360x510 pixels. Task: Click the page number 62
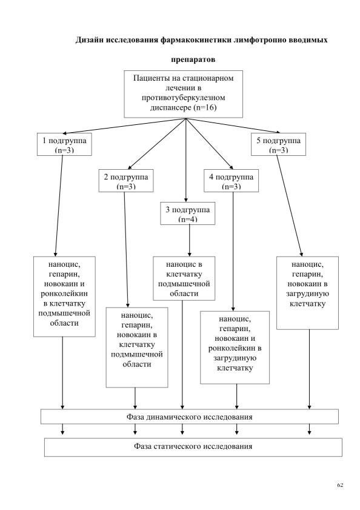(x=340, y=485)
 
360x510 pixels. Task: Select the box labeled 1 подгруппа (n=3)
(x=64, y=144)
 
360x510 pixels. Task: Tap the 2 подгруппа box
(x=126, y=181)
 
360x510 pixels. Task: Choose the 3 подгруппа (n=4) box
(x=188, y=213)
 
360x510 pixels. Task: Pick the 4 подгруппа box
(x=232, y=181)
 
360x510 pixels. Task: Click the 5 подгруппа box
(x=278, y=144)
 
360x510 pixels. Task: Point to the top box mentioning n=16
(x=184, y=94)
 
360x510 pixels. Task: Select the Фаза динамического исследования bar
(x=190, y=417)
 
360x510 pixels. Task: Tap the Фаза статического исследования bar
(x=193, y=447)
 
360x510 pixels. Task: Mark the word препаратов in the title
(x=193, y=59)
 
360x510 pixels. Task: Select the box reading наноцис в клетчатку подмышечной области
(x=184, y=278)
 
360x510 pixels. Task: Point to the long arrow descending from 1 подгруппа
(x=59, y=206)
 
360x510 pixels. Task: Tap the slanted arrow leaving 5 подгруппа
(x=290, y=206)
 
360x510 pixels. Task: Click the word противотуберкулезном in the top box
(x=184, y=98)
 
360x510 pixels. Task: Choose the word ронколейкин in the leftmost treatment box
(x=64, y=294)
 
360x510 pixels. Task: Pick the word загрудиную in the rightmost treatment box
(x=307, y=294)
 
